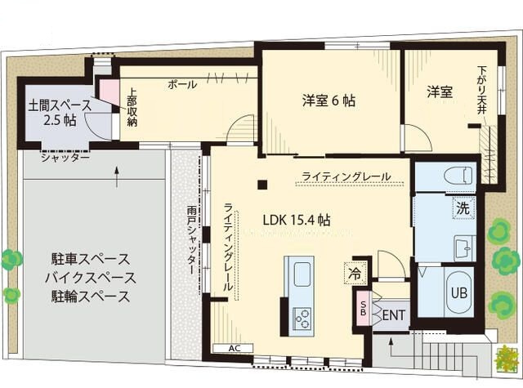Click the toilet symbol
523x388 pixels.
pyautogui.click(x=458, y=175)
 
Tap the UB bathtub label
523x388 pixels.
pyautogui.click(x=459, y=293)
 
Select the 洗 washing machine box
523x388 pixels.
pyautogui.click(x=463, y=208)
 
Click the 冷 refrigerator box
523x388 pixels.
pyautogui.click(x=355, y=274)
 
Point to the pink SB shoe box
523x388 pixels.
pyautogui.click(x=363, y=308)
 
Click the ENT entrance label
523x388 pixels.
pyautogui.click(x=394, y=315)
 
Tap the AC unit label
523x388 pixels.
pyautogui.click(x=235, y=348)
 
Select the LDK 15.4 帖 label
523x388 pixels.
pyautogui.click(x=297, y=220)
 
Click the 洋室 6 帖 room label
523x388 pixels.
pyautogui.click(x=329, y=100)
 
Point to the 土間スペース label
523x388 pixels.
pyautogui.click(x=60, y=105)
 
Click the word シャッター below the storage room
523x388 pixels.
pyautogui.click(x=65, y=158)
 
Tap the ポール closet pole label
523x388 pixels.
pyautogui.click(x=182, y=84)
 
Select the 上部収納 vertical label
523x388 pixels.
pyautogui.click(x=132, y=107)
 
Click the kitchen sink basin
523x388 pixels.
pyautogui.click(x=302, y=274)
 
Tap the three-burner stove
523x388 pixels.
pyautogui.click(x=302, y=319)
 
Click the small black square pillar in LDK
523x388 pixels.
pyautogui.click(x=262, y=185)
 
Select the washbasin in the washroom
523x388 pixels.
pyautogui.click(x=464, y=248)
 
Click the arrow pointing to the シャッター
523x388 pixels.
pyautogui.click(x=117, y=176)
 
